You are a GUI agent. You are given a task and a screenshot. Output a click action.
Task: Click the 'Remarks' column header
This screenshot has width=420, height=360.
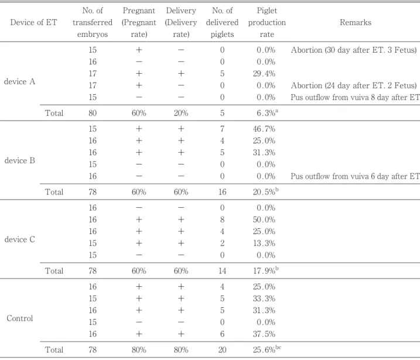(x=356, y=22)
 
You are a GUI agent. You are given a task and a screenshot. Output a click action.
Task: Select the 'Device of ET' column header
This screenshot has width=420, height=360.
(x=33, y=22)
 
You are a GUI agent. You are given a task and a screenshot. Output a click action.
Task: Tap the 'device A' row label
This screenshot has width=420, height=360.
(x=19, y=81)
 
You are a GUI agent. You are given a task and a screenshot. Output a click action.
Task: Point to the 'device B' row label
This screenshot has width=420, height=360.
(x=19, y=160)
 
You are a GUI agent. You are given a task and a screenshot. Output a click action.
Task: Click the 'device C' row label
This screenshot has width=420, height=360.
(x=19, y=239)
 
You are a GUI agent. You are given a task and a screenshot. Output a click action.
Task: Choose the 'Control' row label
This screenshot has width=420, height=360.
(x=19, y=318)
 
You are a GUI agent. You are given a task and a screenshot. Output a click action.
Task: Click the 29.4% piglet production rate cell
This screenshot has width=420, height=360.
(x=264, y=74)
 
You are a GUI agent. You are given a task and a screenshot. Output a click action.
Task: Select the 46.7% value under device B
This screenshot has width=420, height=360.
(x=264, y=129)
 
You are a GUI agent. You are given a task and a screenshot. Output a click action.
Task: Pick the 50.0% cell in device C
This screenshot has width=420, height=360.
(x=264, y=220)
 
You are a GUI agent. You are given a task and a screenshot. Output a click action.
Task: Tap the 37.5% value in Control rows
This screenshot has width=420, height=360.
(x=264, y=334)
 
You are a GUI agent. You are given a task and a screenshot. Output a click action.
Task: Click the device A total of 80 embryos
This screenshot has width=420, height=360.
(x=93, y=113)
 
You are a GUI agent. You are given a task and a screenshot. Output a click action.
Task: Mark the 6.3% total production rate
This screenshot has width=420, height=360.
(x=267, y=112)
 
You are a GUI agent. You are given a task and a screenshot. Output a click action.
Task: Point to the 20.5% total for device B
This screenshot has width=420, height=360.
(x=266, y=191)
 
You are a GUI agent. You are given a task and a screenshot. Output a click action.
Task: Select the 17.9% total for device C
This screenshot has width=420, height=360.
(x=266, y=270)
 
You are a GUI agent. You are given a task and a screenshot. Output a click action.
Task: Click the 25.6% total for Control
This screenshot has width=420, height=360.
(x=267, y=349)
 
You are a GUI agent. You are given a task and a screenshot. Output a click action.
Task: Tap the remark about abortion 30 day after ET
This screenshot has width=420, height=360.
(x=354, y=50)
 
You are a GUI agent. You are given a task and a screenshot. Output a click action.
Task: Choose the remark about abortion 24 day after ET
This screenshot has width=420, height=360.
(x=354, y=85)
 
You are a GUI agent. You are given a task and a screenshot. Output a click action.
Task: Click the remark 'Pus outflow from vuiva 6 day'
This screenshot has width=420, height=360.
(x=355, y=176)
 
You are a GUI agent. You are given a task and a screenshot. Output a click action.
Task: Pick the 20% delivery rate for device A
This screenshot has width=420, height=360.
(x=181, y=113)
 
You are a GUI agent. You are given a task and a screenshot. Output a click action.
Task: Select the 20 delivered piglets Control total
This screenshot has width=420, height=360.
(x=222, y=350)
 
